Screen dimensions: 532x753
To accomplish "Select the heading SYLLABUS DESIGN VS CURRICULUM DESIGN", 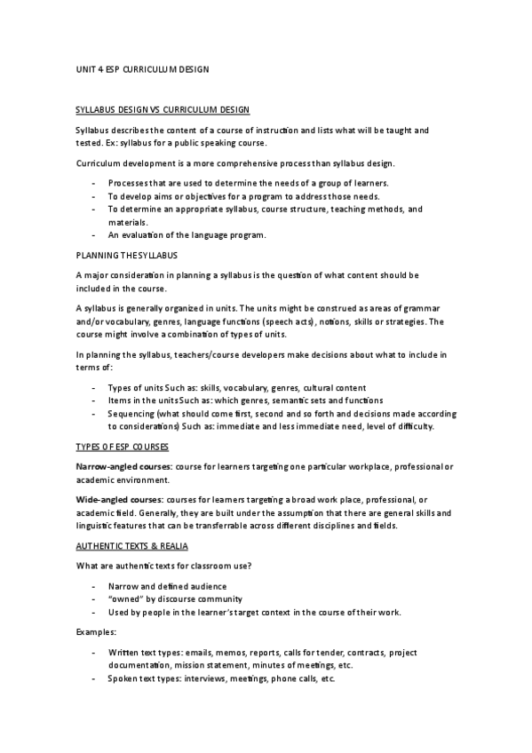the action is (163, 110).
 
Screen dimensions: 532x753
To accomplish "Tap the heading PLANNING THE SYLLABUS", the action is (127, 255).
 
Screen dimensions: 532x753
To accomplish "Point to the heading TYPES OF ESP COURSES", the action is (123, 446).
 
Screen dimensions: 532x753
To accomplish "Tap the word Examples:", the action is (96, 634).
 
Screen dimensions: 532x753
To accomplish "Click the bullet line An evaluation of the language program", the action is (187, 235).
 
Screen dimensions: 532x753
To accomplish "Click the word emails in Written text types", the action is (210, 652).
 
